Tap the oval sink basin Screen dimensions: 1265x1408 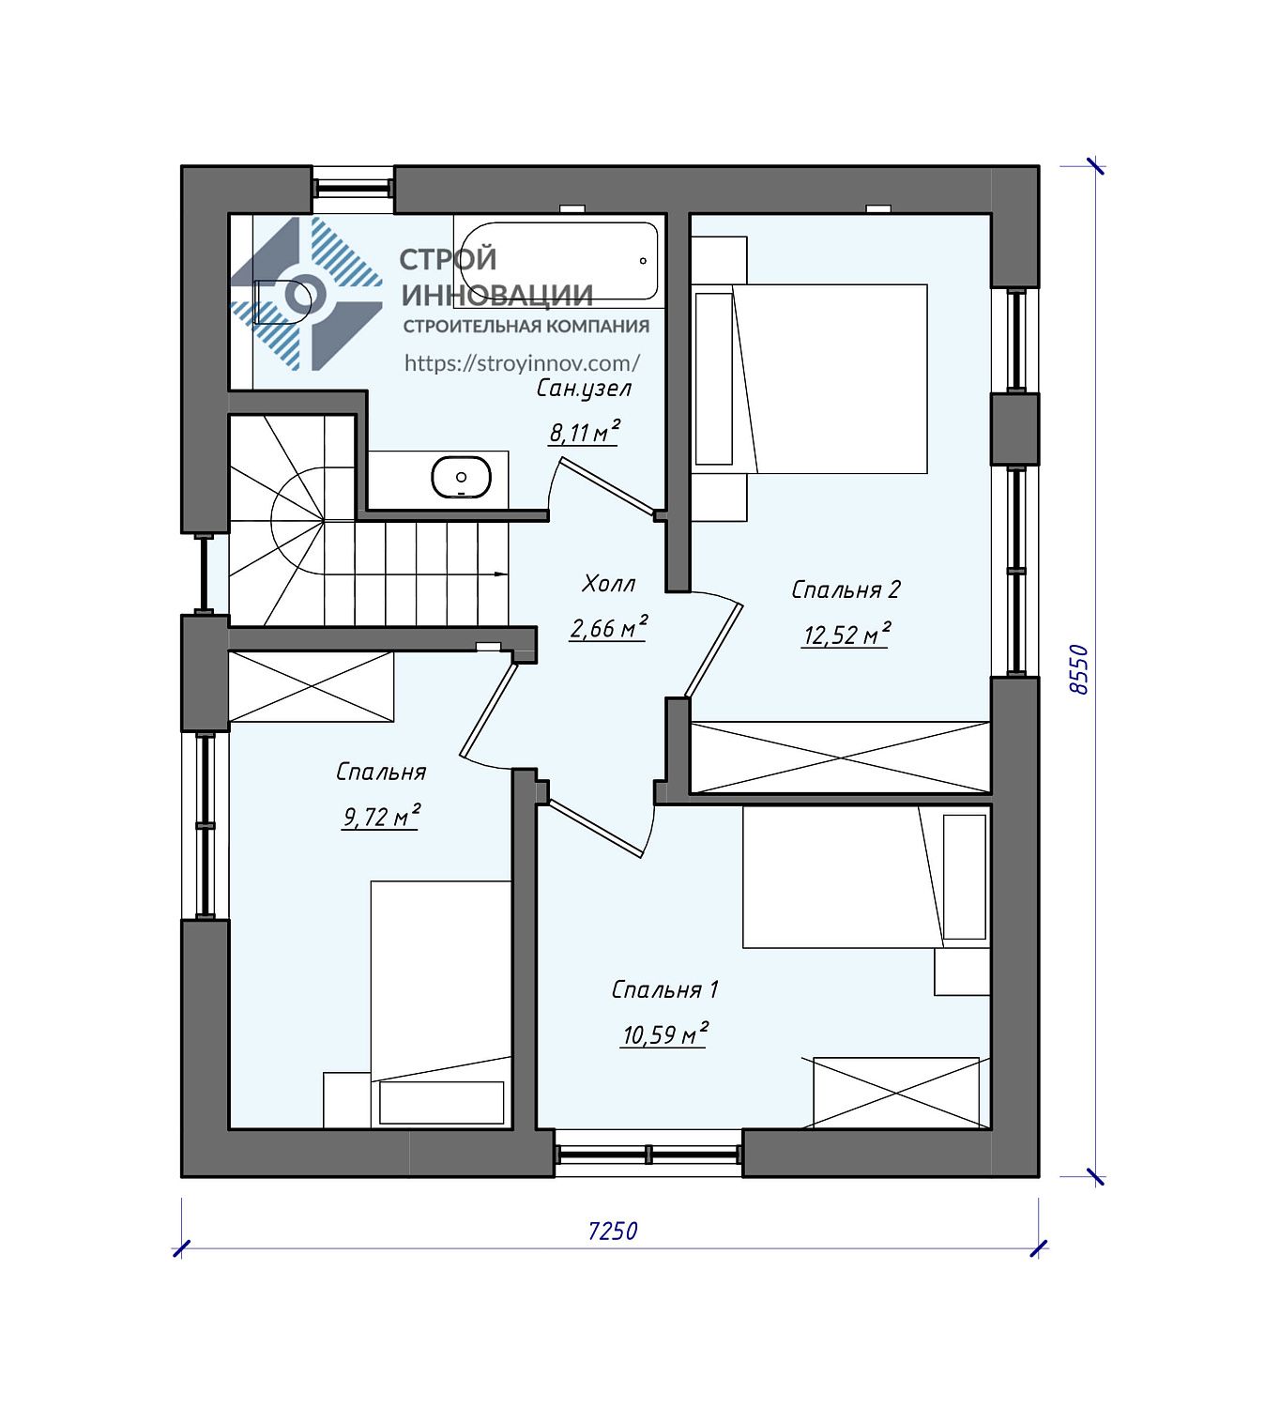pyautogui.click(x=461, y=477)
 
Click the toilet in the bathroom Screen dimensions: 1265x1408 pyautogui.click(x=284, y=301)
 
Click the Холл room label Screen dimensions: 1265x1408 pyautogui.click(x=609, y=583)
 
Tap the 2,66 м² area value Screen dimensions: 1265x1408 pyautogui.click(x=608, y=627)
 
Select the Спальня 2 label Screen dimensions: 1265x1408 pyautogui.click(x=846, y=589)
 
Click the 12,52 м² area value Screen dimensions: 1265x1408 pyautogui.click(x=846, y=635)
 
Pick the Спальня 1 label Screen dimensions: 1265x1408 pyautogui.click(x=664, y=989)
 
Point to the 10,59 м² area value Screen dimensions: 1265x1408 pyautogui.click(x=664, y=1033)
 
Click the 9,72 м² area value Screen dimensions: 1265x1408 pyautogui.click(x=381, y=817)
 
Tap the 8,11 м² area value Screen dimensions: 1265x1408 pyautogui.click(x=584, y=432)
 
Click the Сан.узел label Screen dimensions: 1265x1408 pyautogui.click(x=584, y=389)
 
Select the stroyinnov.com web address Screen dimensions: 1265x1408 pyautogui.click(x=522, y=363)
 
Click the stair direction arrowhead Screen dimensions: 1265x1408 pyautogui.click(x=500, y=574)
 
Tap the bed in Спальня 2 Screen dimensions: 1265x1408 pyautogui.click(x=810, y=378)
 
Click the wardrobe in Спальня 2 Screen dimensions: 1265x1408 pyautogui.click(x=840, y=758)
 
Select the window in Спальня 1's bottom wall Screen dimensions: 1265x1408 pyautogui.click(x=648, y=1154)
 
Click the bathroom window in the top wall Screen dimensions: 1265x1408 pyautogui.click(x=353, y=188)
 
